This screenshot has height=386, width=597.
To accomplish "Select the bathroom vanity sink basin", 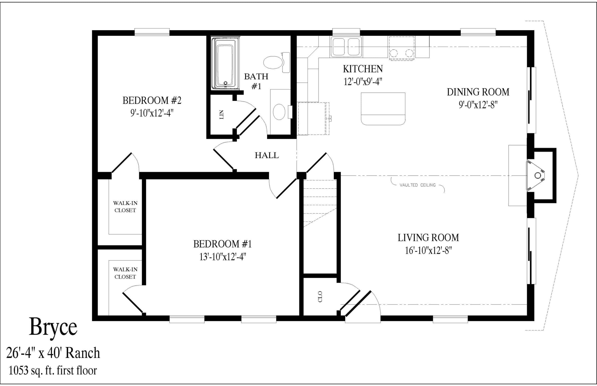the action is pos(279,112).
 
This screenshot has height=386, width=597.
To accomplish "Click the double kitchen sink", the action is pos(346,47).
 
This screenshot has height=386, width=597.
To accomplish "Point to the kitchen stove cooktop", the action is pos(401,48).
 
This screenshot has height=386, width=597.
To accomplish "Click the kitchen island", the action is pos(383,109).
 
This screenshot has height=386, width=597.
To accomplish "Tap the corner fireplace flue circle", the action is pos(537,176).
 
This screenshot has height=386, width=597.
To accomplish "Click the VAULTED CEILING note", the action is pos(417,185).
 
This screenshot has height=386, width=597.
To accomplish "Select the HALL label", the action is pos(267,155).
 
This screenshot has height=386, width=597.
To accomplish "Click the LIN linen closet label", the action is pos(221,114).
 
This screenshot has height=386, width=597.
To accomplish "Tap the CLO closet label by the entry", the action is pos(320,296).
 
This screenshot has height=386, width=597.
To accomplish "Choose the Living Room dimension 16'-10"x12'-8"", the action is pos(428,250).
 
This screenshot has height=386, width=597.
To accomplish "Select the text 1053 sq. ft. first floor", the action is pos(53,370).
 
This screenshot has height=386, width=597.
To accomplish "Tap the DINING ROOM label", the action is pos(478,92).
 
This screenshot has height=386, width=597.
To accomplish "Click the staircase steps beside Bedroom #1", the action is pos(320,203).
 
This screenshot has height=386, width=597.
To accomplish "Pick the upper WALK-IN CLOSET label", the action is pos(125,207).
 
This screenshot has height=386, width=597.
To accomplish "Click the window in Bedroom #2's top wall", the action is pos(152,32).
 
